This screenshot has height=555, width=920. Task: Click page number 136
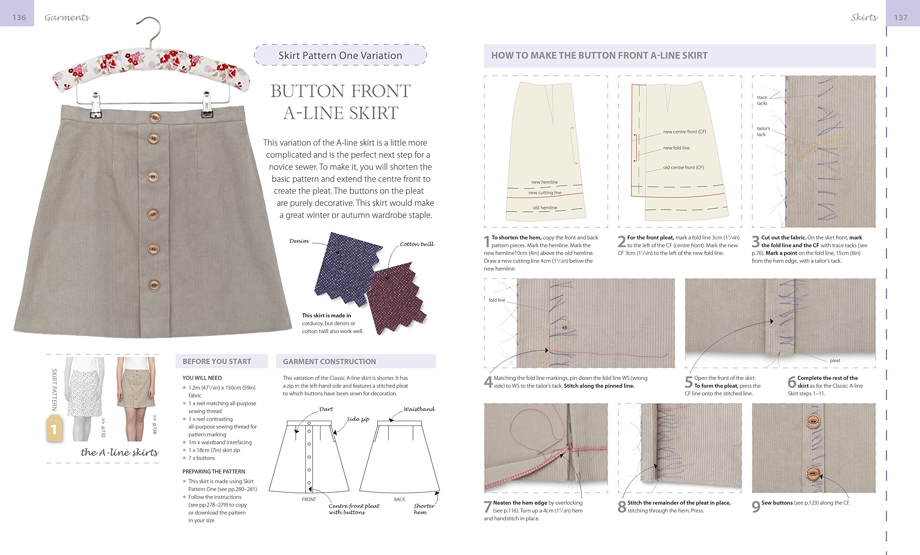(19, 17)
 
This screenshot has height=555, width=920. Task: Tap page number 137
(901, 17)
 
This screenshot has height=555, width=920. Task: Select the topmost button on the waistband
(154, 118)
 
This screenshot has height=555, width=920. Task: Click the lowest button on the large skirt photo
(154, 286)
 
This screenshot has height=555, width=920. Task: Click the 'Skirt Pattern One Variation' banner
(340, 55)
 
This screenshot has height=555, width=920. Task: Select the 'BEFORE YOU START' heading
(217, 361)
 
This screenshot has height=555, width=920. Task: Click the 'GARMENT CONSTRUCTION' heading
(329, 361)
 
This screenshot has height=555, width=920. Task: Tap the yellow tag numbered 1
(54, 429)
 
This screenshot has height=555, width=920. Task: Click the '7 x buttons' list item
(201, 458)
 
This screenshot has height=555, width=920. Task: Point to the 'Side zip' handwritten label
(358, 419)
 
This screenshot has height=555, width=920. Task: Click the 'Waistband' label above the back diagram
(419, 409)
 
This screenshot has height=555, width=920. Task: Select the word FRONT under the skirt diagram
(309, 499)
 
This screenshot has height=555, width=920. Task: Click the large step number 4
(488, 382)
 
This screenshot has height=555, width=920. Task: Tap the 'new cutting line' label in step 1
(545, 192)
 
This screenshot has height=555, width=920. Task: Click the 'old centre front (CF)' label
(683, 167)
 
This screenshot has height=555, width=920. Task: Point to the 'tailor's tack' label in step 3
(763, 131)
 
